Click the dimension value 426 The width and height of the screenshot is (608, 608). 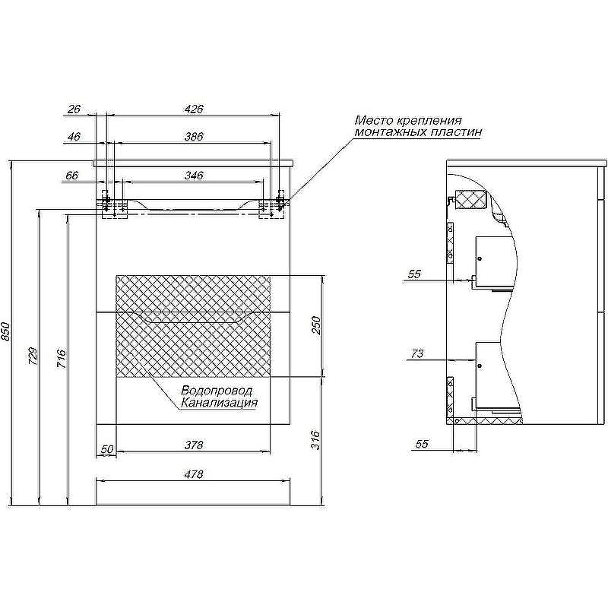pyautogui.click(x=194, y=109)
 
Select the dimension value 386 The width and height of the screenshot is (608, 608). pyautogui.click(x=194, y=138)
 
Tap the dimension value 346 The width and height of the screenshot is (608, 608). pyautogui.click(x=194, y=176)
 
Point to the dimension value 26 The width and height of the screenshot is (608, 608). pyautogui.click(x=74, y=109)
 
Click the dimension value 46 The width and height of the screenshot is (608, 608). pyautogui.click(x=74, y=138)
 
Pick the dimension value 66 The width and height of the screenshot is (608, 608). pyautogui.click(x=72, y=176)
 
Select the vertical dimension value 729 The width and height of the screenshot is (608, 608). pyautogui.click(x=32, y=357)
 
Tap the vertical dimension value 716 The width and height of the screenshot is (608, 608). pyautogui.click(x=62, y=357)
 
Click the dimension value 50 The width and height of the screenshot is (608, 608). pyautogui.click(x=107, y=449)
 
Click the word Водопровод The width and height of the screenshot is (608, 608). pyautogui.click(x=217, y=391)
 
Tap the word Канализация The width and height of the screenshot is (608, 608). pyautogui.click(x=219, y=403)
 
